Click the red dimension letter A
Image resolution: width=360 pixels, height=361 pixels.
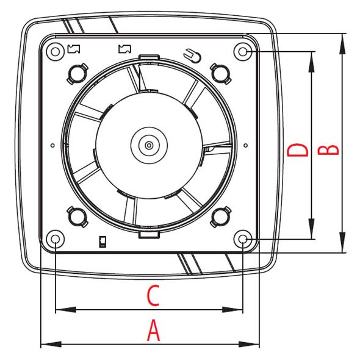(153, 330)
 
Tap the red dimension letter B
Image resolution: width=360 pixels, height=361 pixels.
(328, 150)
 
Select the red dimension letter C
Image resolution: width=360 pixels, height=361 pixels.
(153, 296)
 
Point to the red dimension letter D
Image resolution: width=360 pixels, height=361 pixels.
(297, 150)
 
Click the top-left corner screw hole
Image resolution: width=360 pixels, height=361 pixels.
(56, 52)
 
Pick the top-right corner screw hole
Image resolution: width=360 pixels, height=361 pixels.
(242, 52)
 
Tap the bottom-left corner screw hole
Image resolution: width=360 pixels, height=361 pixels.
(56, 240)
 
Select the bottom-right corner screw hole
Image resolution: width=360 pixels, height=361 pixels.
(242, 240)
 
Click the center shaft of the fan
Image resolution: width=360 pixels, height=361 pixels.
(149, 145)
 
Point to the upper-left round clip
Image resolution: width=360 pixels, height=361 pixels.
(77, 74)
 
